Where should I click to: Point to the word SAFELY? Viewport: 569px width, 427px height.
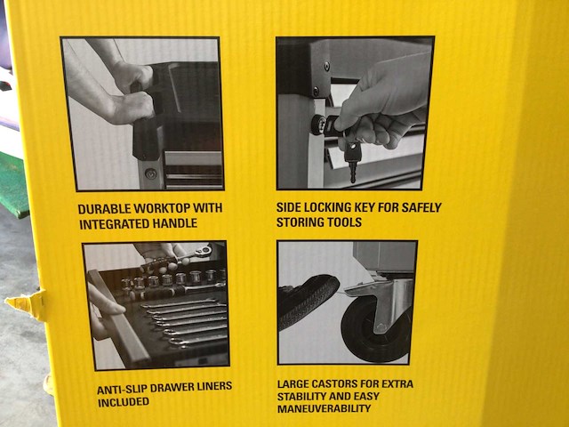(421, 207)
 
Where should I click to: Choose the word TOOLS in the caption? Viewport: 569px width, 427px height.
(344, 222)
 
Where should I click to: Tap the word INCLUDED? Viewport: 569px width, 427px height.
(124, 402)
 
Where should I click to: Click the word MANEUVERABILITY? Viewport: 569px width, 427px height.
(324, 408)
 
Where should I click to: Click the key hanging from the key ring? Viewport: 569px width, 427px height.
(352, 160)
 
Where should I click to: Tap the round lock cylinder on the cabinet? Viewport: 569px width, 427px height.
(318, 125)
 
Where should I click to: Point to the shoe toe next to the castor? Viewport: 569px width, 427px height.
(309, 301)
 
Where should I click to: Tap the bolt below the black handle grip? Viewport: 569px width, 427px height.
(150, 173)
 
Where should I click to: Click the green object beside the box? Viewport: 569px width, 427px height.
(14, 184)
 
